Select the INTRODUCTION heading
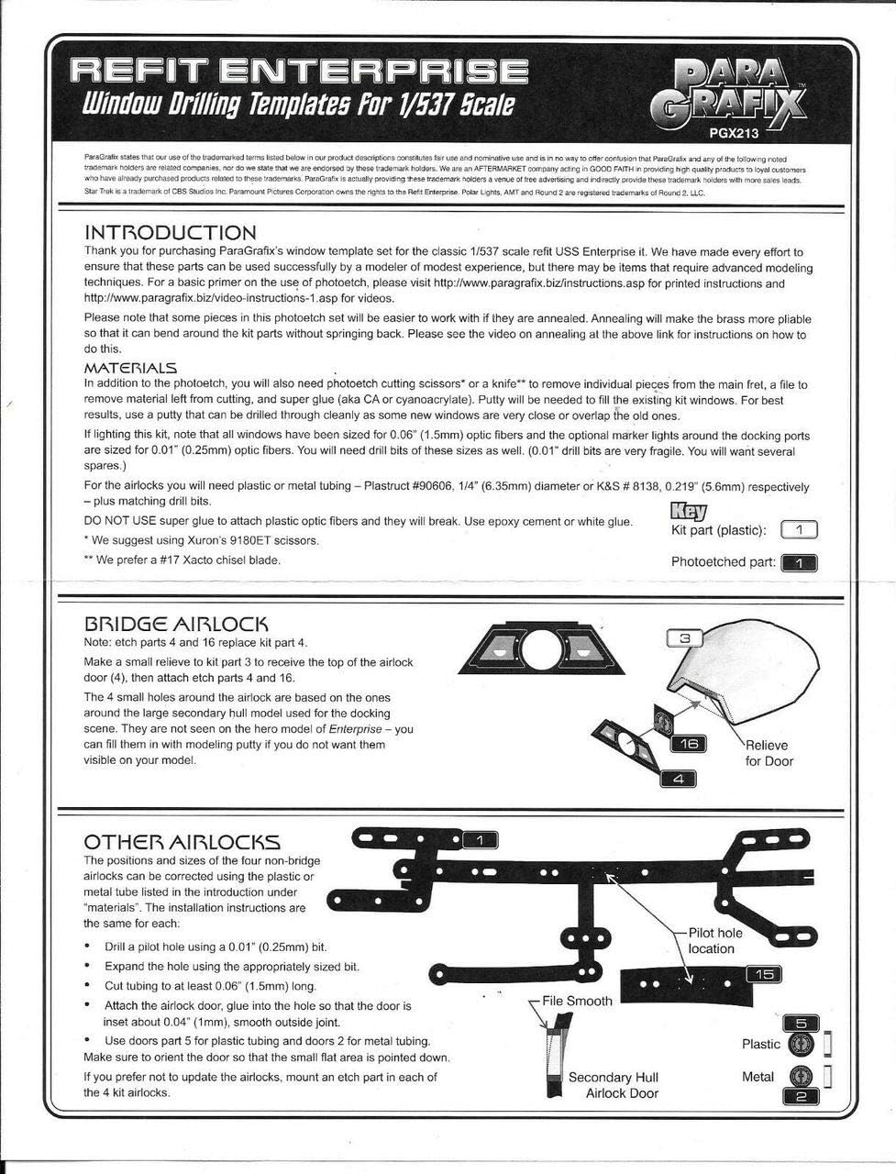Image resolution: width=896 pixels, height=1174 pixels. (x=170, y=233)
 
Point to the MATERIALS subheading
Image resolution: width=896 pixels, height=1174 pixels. (x=130, y=368)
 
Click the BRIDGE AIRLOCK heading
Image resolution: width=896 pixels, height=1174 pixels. (x=175, y=624)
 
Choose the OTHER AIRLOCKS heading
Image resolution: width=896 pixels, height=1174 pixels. (x=182, y=842)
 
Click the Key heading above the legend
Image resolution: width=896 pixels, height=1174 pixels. (x=690, y=510)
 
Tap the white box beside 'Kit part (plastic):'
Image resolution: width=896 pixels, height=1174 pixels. (x=799, y=530)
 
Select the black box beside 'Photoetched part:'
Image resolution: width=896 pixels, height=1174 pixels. (x=799, y=562)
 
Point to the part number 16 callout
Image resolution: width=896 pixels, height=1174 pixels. (x=688, y=743)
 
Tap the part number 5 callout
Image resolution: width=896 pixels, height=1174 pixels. (x=801, y=1024)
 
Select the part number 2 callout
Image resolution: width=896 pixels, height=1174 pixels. (x=801, y=1095)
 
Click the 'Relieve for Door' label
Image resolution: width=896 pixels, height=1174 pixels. (x=769, y=753)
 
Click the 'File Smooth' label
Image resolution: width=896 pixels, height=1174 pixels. (x=577, y=1001)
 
